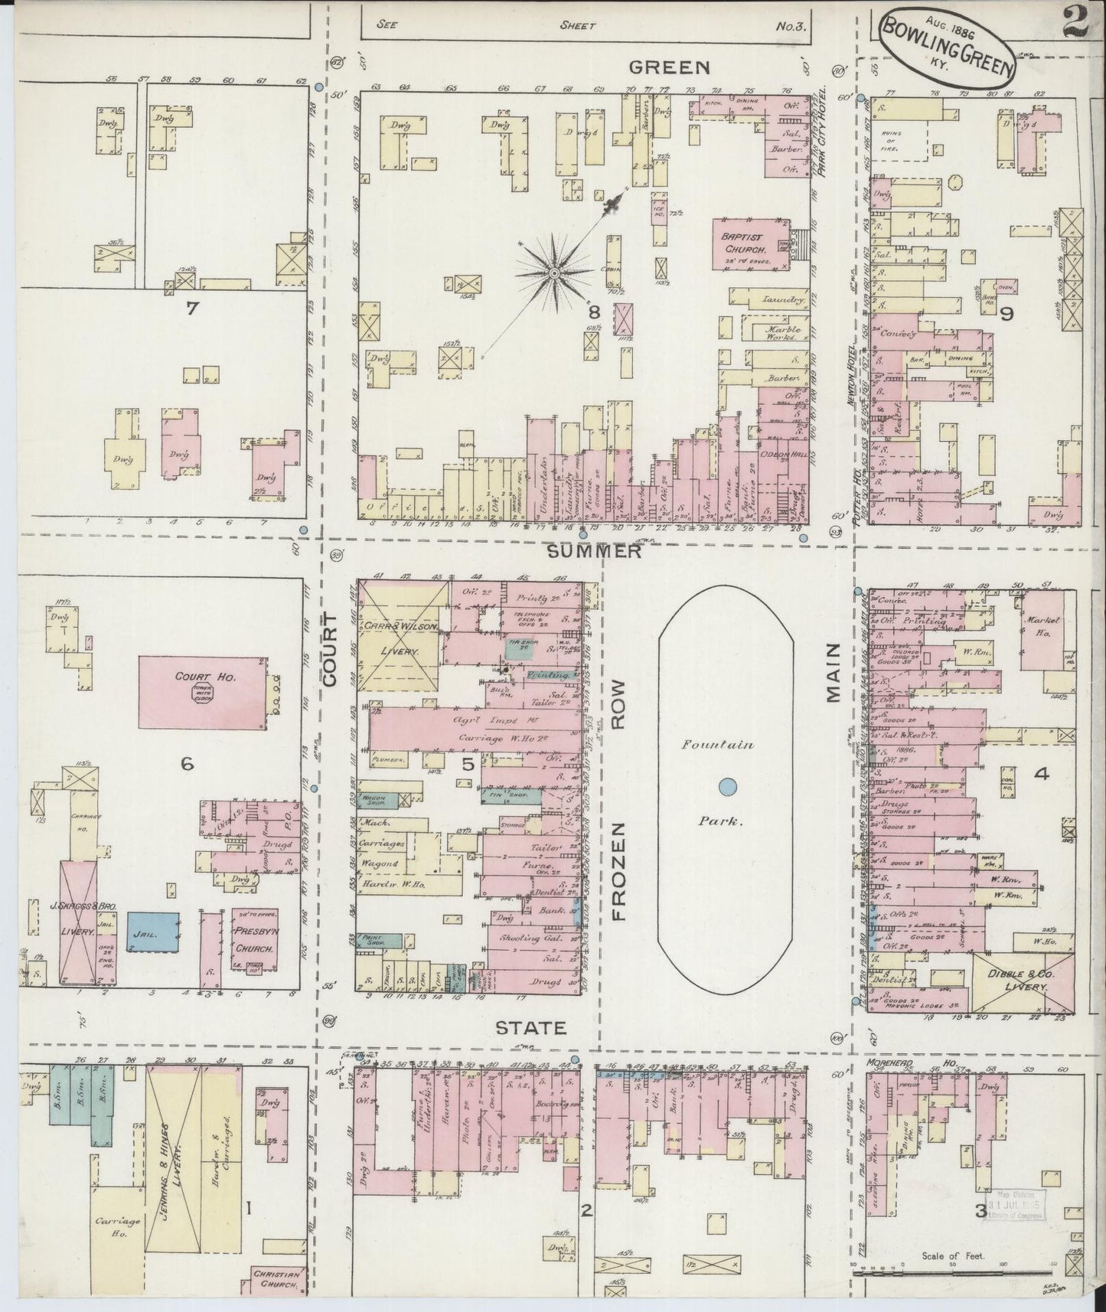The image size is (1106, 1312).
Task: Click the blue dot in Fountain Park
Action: coord(727,785)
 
